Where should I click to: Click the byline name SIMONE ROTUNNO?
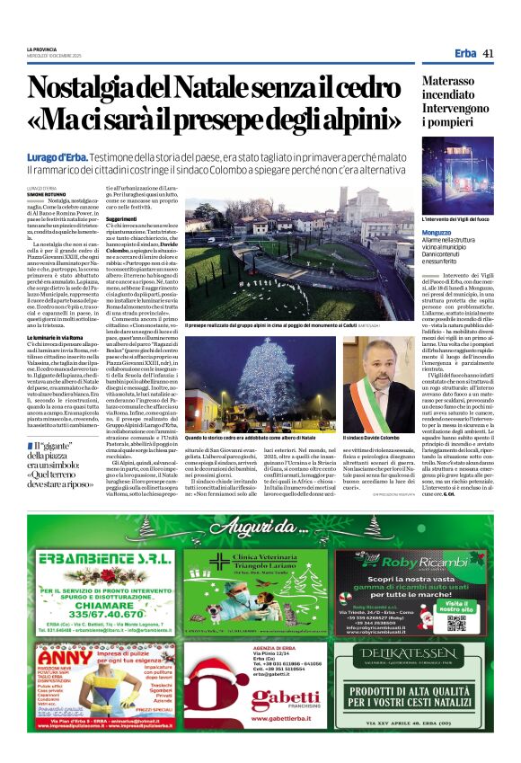[48, 193]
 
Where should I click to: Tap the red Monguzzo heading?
[437, 232]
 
